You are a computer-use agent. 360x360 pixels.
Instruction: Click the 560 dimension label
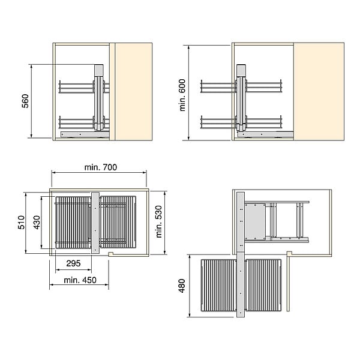coord(25,101)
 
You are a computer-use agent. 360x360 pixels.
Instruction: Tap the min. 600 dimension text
coord(182,95)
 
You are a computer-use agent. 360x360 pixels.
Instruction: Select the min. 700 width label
coord(101,167)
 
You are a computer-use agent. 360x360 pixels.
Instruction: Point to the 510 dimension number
coord(21,222)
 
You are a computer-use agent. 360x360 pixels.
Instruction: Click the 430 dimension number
coord(37,222)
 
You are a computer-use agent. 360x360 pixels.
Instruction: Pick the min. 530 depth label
coord(158,221)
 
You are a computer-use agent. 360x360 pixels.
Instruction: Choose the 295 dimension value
coord(73,263)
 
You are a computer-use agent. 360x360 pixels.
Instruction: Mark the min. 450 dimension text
coord(80,280)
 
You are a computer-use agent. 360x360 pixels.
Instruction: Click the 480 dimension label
coord(182,286)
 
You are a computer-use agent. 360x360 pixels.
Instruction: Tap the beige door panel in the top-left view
coord(133,92)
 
